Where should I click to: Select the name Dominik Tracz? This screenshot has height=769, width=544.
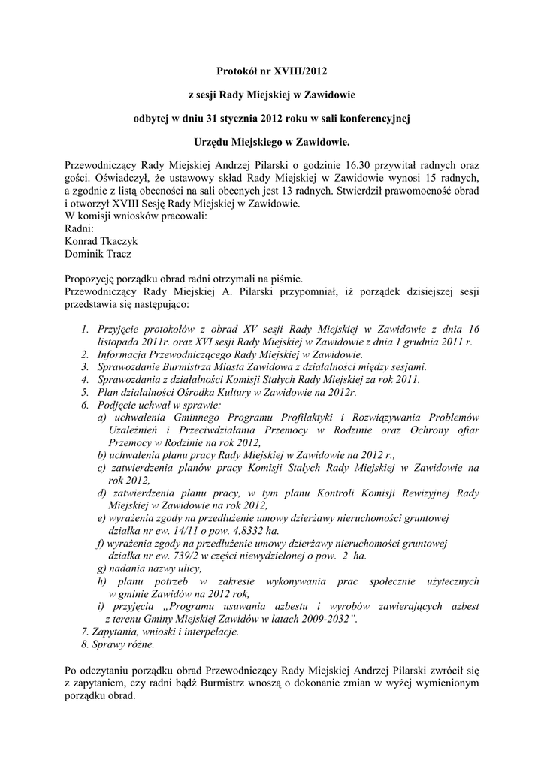98,254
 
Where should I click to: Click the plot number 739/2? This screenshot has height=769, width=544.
171,555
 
